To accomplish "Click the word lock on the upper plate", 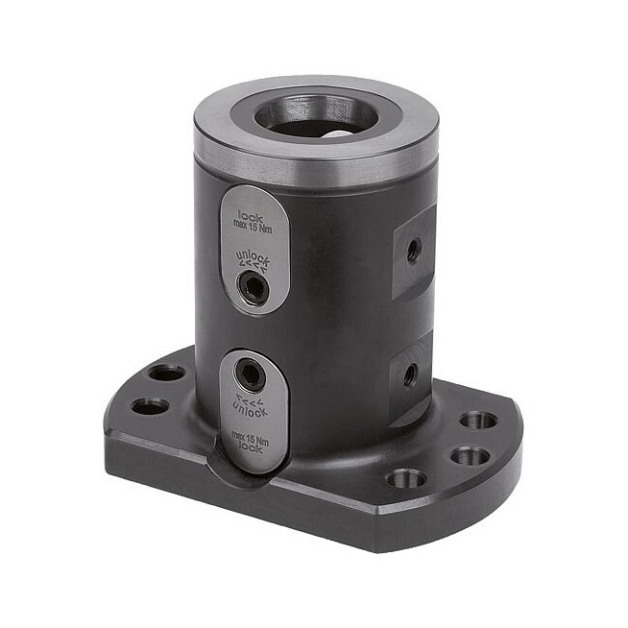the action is click(251, 217).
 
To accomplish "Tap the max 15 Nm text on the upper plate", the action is click(253, 228).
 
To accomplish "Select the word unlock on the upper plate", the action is click(253, 258).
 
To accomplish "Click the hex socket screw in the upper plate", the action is click(254, 285).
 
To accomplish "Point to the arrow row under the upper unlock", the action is click(252, 266).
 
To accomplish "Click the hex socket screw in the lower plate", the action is click(249, 374).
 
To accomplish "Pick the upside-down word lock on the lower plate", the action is click(251, 447).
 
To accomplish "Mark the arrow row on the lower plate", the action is click(249, 399).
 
